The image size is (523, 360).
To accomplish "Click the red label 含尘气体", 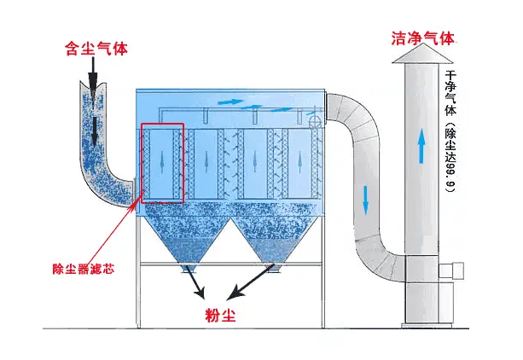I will pyautogui.click(x=96, y=49).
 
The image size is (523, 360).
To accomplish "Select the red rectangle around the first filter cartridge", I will pyautogui.click(x=161, y=163).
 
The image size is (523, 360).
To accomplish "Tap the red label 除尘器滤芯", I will pyautogui.click(x=84, y=268).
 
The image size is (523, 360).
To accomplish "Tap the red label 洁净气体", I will pyautogui.click(x=422, y=38).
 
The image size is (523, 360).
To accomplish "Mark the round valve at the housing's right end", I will pyautogui.click(x=318, y=124).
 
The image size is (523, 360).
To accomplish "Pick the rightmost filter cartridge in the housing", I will pyautogui.click(x=299, y=162).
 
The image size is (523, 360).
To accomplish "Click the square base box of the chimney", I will pyautogui.click(x=421, y=293).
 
